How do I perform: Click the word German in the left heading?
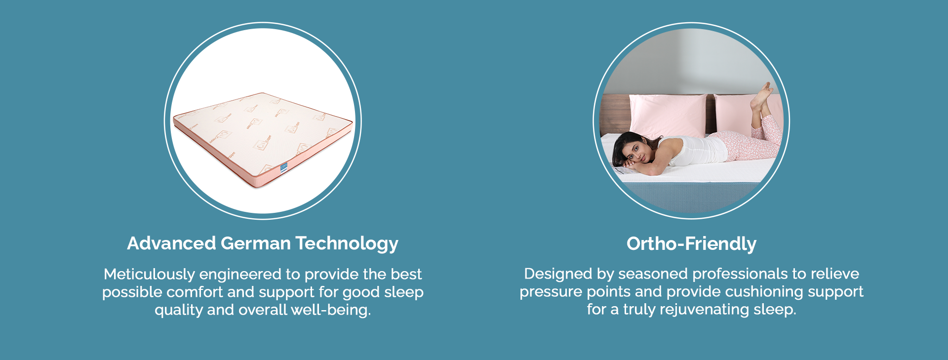pyautogui.click(x=256, y=243)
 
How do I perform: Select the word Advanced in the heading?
pyautogui.click(x=172, y=243)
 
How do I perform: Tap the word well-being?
pyautogui.click(x=331, y=310)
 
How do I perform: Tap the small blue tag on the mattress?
pyautogui.click(x=284, y=168)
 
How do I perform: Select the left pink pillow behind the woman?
pyautogui.click(x=668, y=116)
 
